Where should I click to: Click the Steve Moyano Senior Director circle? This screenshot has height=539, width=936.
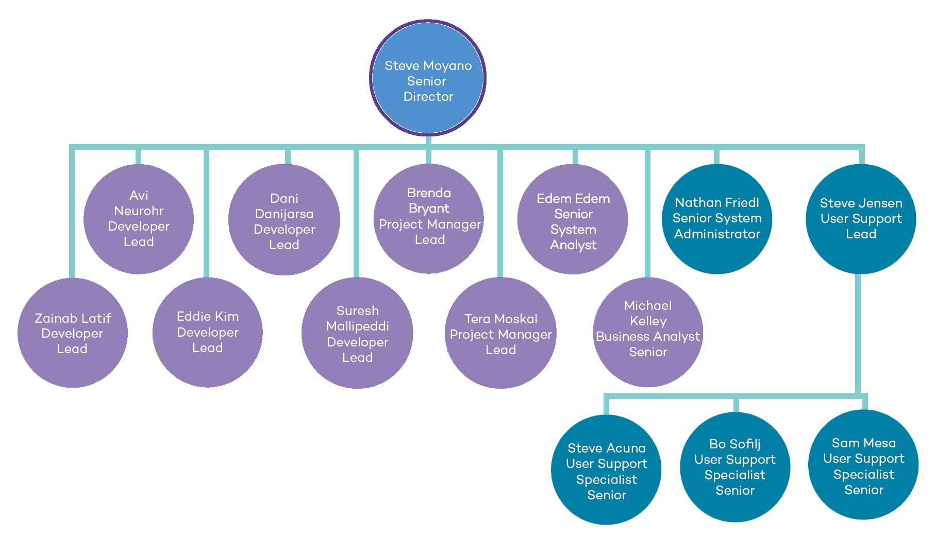point(428,78)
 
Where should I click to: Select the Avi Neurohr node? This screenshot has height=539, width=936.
point(139,219)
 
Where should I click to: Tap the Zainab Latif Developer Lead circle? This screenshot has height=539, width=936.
point(73,333)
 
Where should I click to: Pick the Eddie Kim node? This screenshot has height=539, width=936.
point(208,332)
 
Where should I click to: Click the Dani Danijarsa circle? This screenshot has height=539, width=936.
point(284,220)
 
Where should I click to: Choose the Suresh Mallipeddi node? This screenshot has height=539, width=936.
point(357,333)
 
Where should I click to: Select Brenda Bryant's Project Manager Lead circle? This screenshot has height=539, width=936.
point(429,218)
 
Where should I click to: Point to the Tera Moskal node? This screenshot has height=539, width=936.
point(500,333)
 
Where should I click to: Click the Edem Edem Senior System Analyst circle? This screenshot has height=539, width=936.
point(573,219)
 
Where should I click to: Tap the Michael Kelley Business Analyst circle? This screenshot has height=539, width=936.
point(648,332)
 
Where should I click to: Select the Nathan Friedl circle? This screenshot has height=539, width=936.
point(717,219)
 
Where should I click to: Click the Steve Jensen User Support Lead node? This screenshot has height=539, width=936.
point(861,219)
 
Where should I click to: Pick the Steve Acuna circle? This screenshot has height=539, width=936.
point(606,470)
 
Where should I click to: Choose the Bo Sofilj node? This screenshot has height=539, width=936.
point(735,467)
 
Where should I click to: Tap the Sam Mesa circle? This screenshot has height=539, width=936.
point(863,465)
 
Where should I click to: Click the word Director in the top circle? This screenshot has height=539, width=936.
point(428,97)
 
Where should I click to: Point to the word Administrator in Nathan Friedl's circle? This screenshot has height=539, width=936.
point(717,234)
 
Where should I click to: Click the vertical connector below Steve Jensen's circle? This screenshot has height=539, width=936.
point(858,335)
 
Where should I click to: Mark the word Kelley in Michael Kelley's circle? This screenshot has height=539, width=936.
point(648,321)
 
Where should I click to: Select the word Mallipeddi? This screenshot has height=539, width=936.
point(357,326)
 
